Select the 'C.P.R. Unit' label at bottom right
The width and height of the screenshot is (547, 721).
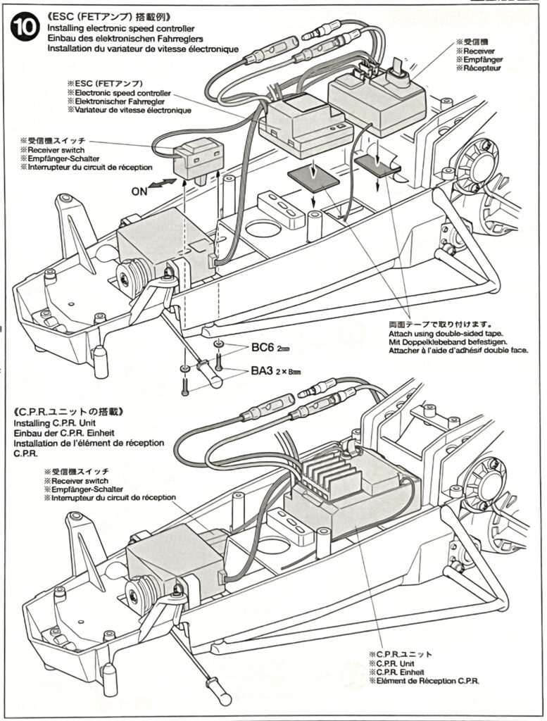tap(401, 663)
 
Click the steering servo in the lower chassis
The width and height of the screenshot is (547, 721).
tap(161, 558)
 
